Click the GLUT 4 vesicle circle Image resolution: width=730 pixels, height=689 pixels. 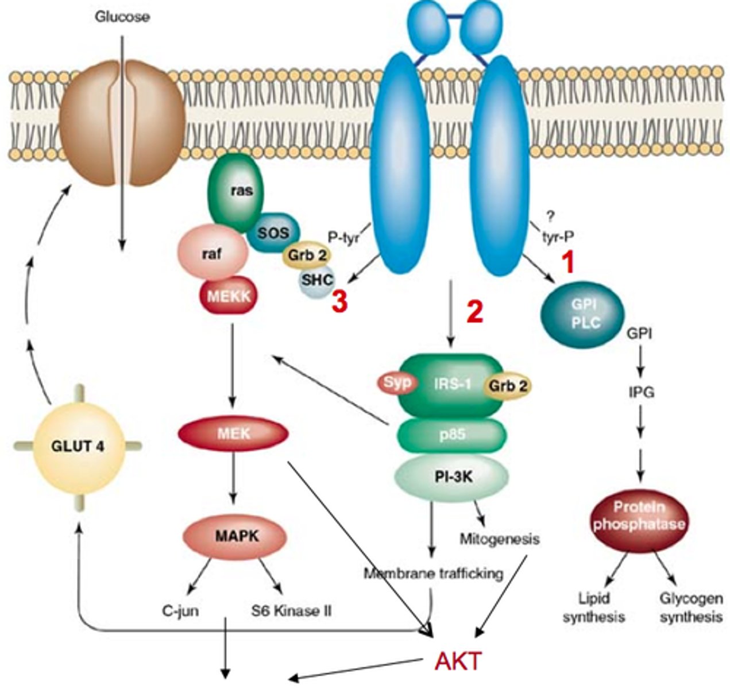coord(78,446)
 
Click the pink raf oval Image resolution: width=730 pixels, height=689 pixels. coord(213,255)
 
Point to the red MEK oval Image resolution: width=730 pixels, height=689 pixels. coord(233,433)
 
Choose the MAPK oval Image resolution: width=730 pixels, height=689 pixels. coord(235,536)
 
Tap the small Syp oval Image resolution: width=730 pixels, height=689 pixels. coord(397,383)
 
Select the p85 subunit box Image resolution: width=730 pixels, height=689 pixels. coord(451,435)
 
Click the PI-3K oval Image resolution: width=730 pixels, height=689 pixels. coord(451,476)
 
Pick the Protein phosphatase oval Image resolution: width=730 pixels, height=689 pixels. coord(639,516)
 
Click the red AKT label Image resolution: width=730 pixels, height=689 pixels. coord(458,661)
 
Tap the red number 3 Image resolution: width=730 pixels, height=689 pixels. coord(339,304)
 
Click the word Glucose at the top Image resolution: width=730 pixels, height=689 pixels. coord(122,17)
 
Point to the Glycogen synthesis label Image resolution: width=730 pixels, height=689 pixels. coord(690,608)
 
